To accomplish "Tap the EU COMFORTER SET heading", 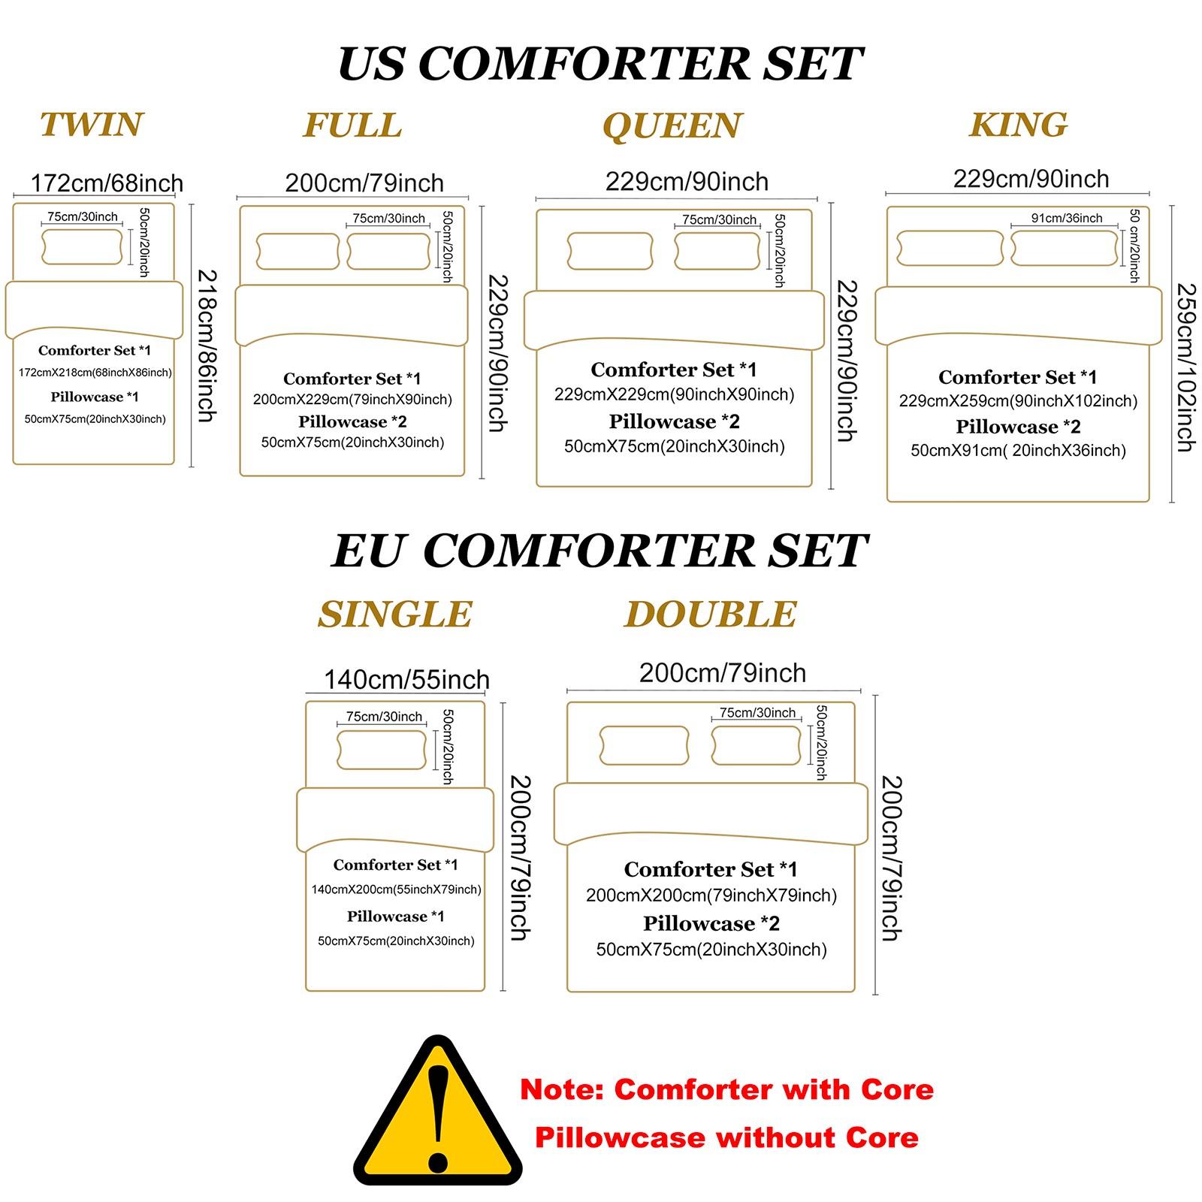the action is (x=600, y=551).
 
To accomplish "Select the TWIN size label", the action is (x=91, y=125).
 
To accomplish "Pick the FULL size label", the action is (x=352, y=125).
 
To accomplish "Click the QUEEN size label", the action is (x=672, y=125).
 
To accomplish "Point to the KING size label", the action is (x=1018, y=125).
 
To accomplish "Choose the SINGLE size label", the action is (x=395, y=615).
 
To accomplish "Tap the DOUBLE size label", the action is (x=710, y=615).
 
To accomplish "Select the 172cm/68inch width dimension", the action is (x=107, y=183).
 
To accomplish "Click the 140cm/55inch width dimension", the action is (x=406, y=680).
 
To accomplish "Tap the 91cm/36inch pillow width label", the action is (x=1067, y=218).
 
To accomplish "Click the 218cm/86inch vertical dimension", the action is (x=207, y=346).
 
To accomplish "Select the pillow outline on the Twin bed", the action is (x=82, y=246).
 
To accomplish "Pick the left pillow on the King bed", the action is (x=950, y=248).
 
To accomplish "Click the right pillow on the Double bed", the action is (x=757, y=745).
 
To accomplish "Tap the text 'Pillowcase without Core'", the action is (x=726, y=1137).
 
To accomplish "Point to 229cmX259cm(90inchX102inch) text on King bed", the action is (x=1018, y=401).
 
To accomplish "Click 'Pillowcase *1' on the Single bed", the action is (x=395, y=917).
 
